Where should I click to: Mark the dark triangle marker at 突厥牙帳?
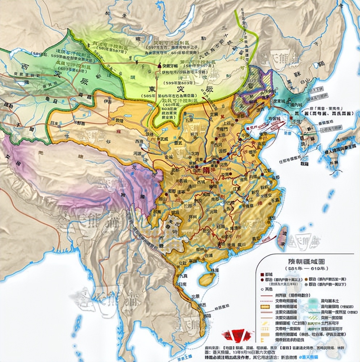[x=159, y=66]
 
